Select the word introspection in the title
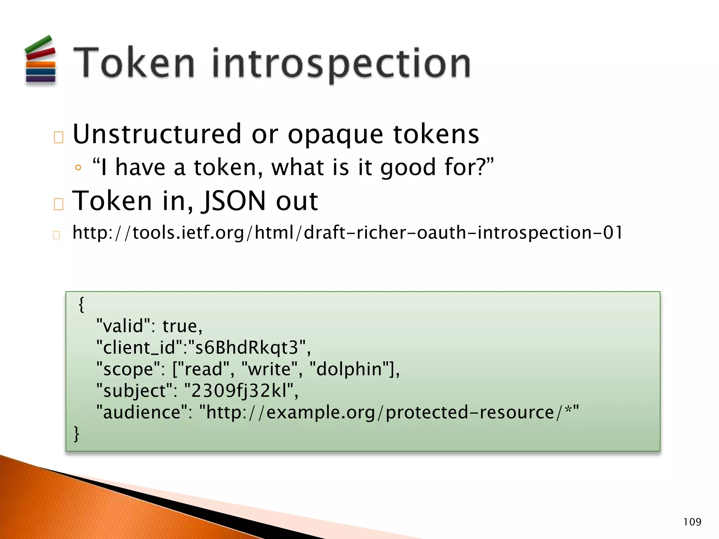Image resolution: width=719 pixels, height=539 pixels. pos(341,64)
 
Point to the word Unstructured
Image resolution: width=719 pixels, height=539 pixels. pos(157,134)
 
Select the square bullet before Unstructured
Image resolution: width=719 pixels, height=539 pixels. pos(59,137)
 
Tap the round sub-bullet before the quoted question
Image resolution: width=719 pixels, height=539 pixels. pos(78,168)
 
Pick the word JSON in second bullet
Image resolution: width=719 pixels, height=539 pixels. pos(233,201)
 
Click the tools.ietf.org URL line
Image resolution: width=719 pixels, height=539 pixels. pos(348,233)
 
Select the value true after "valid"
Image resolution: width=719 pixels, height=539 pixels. pos(182,326)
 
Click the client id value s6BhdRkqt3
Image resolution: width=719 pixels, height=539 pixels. pos(247,348)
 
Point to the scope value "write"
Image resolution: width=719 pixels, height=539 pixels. pos(270,369)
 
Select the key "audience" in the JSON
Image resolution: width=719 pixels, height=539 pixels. pos(142,412)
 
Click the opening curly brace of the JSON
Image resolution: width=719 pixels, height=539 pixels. pos(81,304)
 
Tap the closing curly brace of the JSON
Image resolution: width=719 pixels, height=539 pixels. pos(77,434)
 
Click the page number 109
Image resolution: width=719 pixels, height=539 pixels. pos(692,522)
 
